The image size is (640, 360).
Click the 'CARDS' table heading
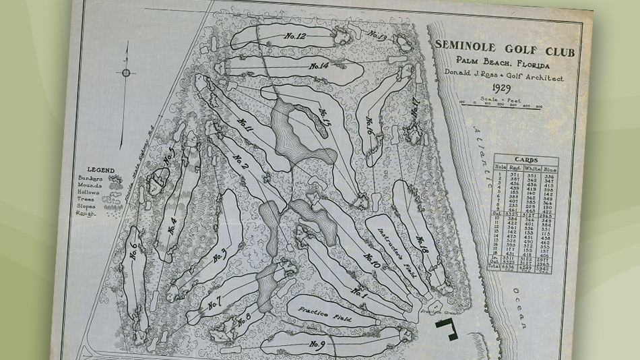pos(523,160)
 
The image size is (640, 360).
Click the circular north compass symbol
pos(126,73)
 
